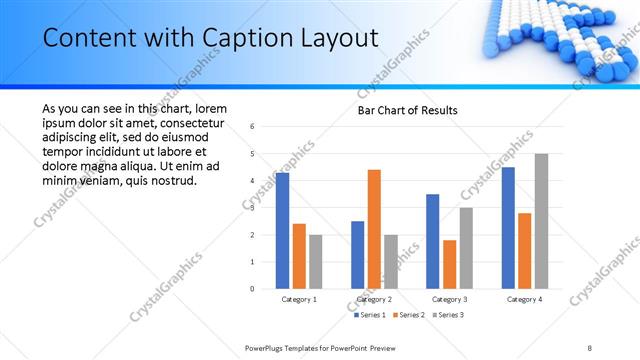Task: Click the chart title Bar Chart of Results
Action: (408, 110)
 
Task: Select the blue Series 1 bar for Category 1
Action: (282, 231)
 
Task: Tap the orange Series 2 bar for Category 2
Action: (374, 229)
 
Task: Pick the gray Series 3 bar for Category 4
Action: (541, 221)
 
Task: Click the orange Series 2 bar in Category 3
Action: (449, 264)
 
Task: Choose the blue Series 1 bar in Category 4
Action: (508, 228)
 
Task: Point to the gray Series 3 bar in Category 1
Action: (315, 261)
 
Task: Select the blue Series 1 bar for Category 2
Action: (357, 255)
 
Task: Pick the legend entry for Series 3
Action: (449, 315)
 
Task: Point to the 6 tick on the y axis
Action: (252, 127)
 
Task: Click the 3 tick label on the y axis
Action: (252, 208)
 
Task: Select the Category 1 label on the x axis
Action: (299, 299)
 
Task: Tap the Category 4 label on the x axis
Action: (524, 299)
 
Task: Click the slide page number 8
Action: (590, 347)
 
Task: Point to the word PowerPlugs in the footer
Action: (267, 347)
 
